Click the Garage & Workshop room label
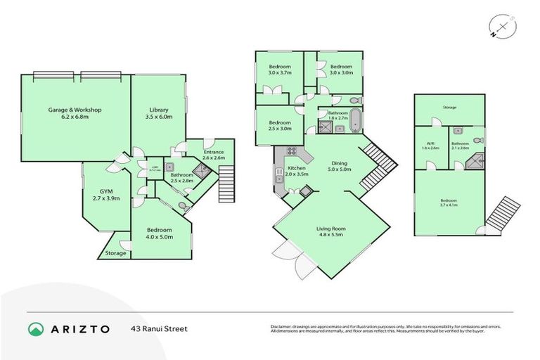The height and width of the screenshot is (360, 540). coord(75,113)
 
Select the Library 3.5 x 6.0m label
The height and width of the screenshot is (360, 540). coord(158,113)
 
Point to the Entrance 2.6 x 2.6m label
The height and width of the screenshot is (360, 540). coord(213,155)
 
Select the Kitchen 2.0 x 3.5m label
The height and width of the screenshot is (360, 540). coord(295,172)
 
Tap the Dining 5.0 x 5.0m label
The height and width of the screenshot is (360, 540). coord(340,166)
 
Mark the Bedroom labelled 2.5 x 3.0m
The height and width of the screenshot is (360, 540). coord(280,125)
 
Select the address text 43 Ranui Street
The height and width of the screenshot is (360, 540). coord(159,328)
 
